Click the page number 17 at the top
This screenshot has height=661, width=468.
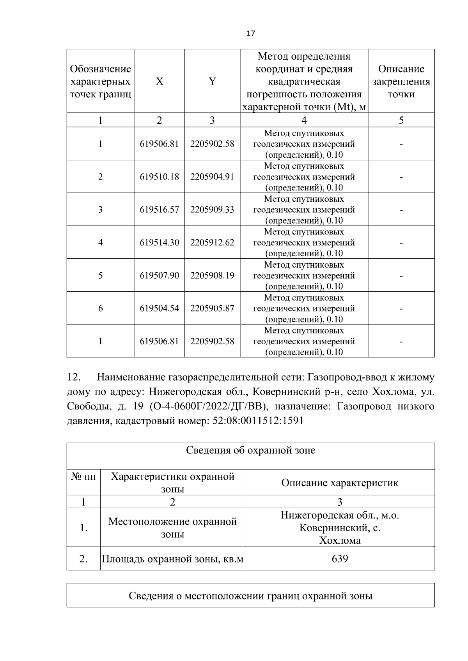250,33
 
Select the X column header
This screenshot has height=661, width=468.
159,81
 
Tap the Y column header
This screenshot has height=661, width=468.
212,81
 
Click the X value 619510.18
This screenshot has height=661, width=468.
159,177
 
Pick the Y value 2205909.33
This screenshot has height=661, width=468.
212,210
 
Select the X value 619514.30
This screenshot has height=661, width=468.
159,243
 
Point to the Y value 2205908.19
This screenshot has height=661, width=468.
212,275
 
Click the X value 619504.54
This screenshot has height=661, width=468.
159,308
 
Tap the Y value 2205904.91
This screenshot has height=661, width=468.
212,177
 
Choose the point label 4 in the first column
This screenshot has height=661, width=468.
100,243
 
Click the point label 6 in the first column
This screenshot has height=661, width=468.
100,308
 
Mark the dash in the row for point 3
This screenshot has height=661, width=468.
401,210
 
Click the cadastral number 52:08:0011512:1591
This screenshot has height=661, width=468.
258,421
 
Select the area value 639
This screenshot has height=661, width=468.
339,559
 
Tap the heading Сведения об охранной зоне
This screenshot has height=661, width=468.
250,451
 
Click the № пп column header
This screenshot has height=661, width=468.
83,477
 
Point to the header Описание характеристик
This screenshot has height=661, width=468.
339,483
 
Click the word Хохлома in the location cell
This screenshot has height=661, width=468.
339,541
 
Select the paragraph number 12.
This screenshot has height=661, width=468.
74,377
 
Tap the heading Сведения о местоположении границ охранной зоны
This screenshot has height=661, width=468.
250,596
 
